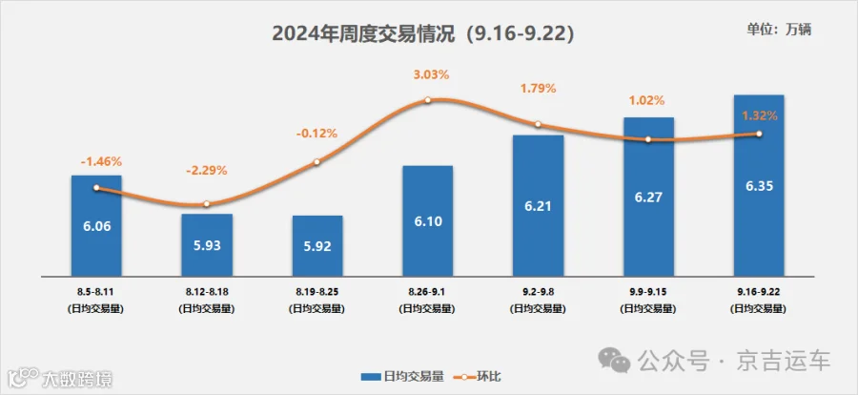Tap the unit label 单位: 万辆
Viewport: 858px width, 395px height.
tap(779, 30)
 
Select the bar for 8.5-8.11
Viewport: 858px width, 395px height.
tap(96, 226)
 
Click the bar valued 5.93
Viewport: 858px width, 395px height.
tap(207, 245)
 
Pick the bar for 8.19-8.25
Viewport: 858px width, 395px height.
tap(317, 246)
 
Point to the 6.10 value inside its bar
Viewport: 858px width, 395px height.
tap(427, 221)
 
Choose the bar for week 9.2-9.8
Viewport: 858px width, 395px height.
tap(538, 205)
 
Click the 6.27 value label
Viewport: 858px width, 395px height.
tap(648, 197)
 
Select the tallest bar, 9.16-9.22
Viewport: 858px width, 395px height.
tap(759, 186)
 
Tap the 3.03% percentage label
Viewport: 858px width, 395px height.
tap(431, 75)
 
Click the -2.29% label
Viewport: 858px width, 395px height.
tap(207, 171)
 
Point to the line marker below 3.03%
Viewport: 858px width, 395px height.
tap(428, 100)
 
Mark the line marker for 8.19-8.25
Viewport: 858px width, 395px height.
tap(317, 161)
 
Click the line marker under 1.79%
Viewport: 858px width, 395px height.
tap(538, 124)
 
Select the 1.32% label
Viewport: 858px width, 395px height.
tap(760, 115)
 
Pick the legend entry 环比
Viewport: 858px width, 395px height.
tap(480, 376)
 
